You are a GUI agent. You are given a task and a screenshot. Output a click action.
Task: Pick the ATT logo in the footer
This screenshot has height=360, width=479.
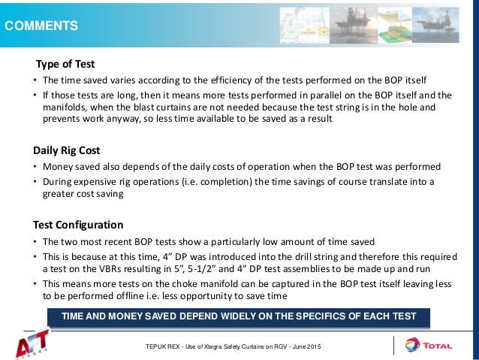click(35, 345)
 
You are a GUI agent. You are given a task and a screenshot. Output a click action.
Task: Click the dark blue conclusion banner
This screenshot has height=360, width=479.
click(238, 316)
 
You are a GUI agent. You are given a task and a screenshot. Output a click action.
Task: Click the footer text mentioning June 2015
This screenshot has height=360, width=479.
click(238, 345)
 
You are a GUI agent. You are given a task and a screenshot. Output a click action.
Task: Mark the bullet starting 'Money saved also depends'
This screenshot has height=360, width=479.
click(35, 167)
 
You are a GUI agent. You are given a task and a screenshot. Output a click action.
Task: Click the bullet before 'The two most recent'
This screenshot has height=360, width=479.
click(35, 241)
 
